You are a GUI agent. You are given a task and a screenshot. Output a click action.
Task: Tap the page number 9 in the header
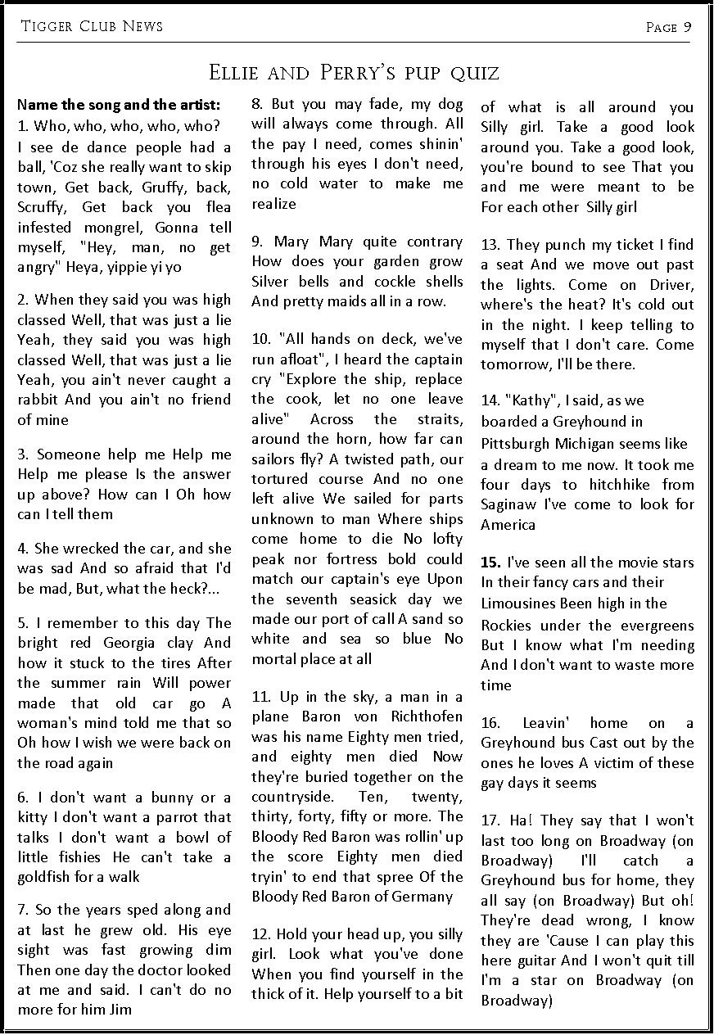(x=688, y=27)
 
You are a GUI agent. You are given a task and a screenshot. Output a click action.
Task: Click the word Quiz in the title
(x=472, y=73)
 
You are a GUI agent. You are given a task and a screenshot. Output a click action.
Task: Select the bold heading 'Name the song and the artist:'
(x=119, y=105)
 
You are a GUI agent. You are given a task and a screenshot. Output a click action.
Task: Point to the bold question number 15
(x=490, y=563)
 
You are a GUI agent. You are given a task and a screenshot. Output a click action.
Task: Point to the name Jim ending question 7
(x=121, y=1010)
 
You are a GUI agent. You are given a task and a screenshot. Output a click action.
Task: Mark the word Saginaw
(x=508, y=504)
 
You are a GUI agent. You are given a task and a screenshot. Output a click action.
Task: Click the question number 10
(x=261, y=339)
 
